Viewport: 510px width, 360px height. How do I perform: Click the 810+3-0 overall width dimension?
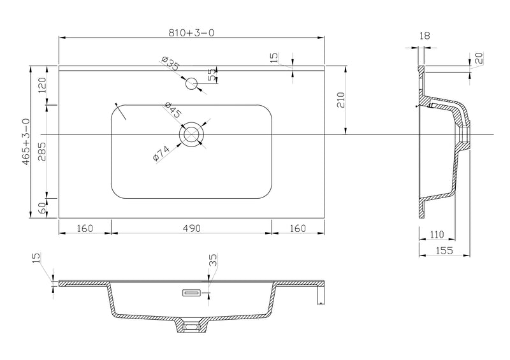(x=192, y=32)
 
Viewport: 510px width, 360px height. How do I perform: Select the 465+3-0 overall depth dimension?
(x=26, y=141)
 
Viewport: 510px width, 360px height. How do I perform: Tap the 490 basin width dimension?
(x=192, y=228)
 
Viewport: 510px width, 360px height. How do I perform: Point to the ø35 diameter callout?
(x=170, y=64)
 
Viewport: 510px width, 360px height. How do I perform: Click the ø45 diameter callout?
(x=173, y=110)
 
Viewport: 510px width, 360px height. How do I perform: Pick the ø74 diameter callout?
(x=161, y=153)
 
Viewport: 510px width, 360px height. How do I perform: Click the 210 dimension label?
(x=340, y=100)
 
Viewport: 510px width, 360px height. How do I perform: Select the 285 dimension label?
(x=43, y=152)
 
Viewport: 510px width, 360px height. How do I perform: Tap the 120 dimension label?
(x=43, y=85)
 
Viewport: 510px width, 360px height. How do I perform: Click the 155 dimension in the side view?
(x=444, y=250)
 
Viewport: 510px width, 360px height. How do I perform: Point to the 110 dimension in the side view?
(x=437, y=234)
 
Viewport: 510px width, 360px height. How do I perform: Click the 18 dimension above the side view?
(x=425, y=36)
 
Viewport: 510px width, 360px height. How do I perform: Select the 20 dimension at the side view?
(x=480, y=58)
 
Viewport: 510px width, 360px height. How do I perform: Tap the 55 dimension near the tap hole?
(x=212, y=74)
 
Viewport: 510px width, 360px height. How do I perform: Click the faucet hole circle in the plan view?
(x=192, y=84)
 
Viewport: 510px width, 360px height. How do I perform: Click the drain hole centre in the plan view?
(x=192, y=134)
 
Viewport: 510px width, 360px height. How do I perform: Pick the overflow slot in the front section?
(x=192, y=293)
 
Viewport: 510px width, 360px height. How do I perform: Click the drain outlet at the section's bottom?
(x=192, y=326)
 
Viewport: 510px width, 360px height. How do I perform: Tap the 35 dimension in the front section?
(x=213, y=260)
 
